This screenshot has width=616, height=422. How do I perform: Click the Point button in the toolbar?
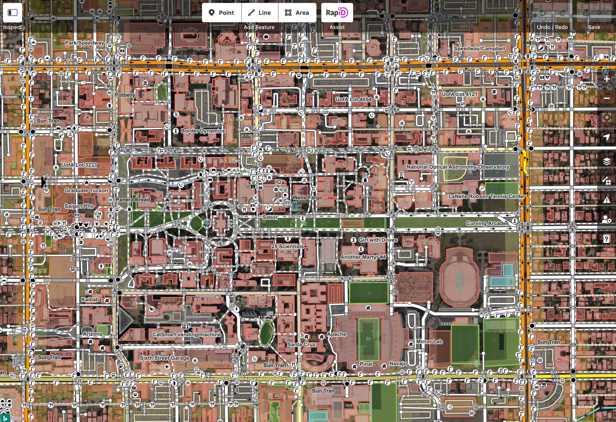222,13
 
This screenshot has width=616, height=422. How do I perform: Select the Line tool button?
260,13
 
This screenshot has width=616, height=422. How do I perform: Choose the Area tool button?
297,13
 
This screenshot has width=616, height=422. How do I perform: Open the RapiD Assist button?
337,13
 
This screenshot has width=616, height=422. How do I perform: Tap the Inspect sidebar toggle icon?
12,13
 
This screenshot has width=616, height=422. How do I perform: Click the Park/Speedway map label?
85,43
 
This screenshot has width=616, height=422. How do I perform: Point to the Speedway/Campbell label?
479,48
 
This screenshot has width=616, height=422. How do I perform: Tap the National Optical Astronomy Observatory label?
458,167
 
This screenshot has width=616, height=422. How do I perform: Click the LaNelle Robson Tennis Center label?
487,196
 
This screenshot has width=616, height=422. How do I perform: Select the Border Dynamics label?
203,131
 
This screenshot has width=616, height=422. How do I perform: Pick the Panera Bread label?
133,199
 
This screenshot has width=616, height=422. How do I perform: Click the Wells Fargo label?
307,198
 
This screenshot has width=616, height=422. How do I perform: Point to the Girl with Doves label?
378,240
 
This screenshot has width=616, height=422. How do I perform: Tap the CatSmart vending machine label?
186,334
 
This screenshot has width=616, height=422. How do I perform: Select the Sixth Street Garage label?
164,358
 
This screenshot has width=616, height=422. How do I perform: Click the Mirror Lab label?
429,341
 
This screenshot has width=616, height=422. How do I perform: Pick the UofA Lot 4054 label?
353,99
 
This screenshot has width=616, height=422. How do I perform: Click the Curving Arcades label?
487,223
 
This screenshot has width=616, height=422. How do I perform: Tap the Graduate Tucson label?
86,190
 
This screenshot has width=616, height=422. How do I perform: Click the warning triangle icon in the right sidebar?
606,200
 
